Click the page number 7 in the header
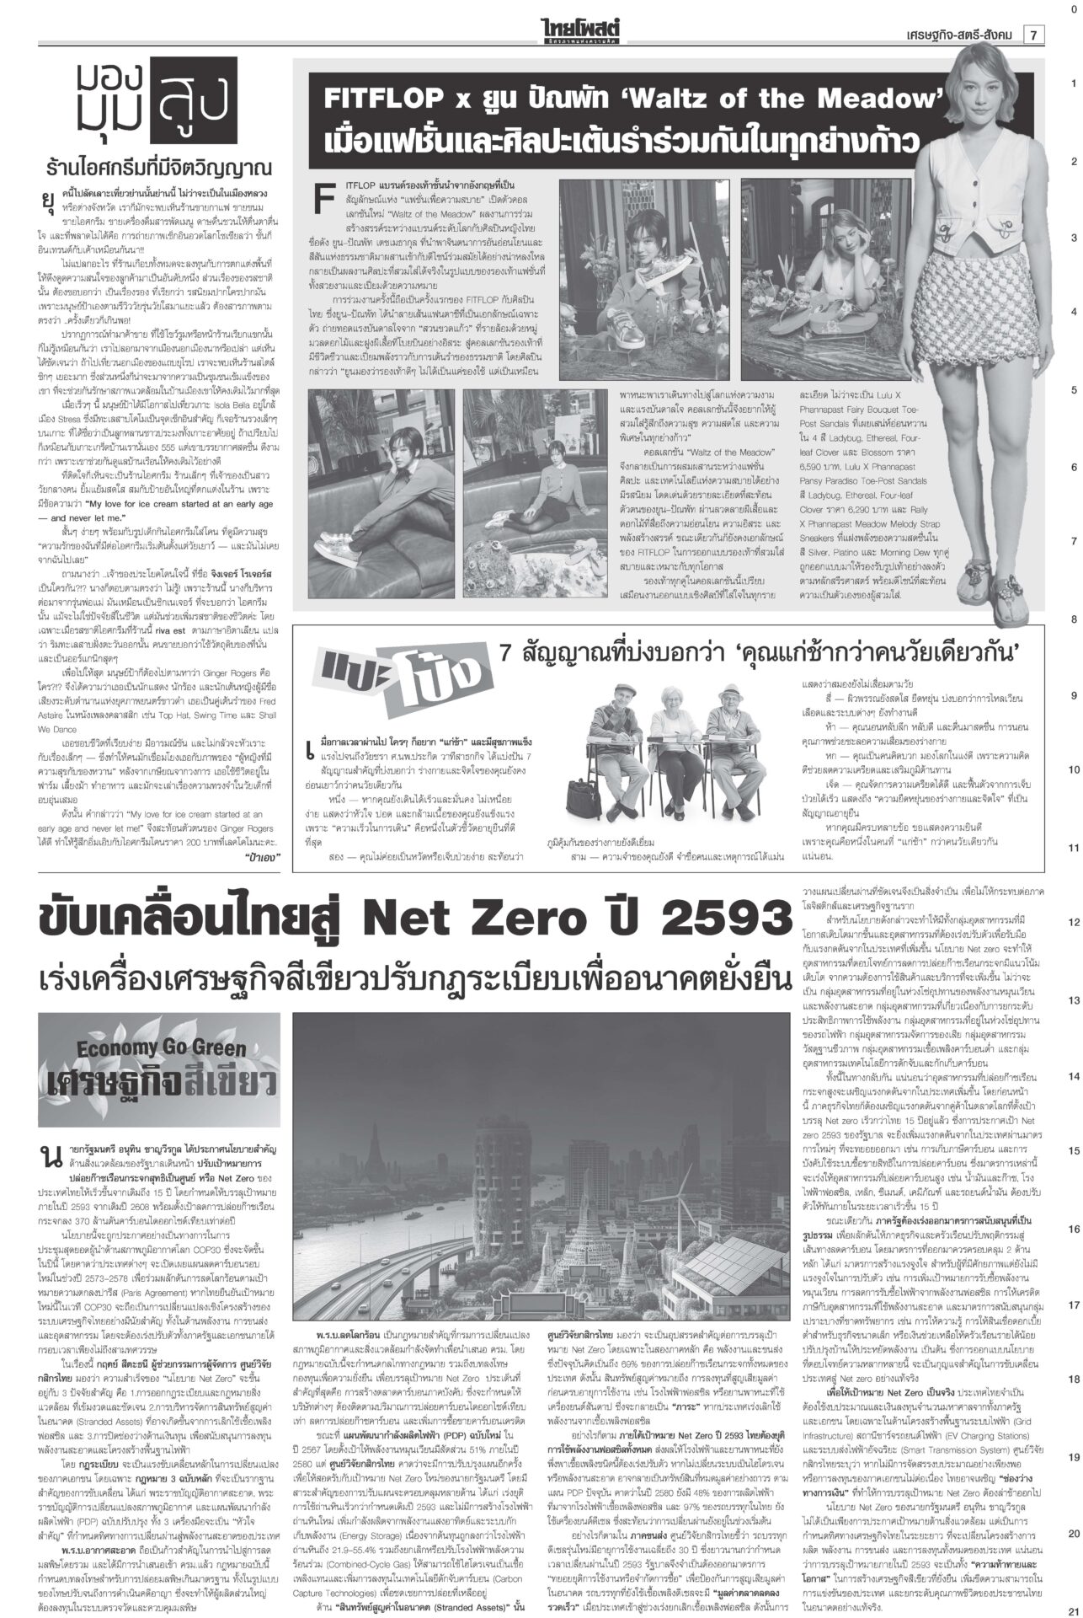point(1033,35)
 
